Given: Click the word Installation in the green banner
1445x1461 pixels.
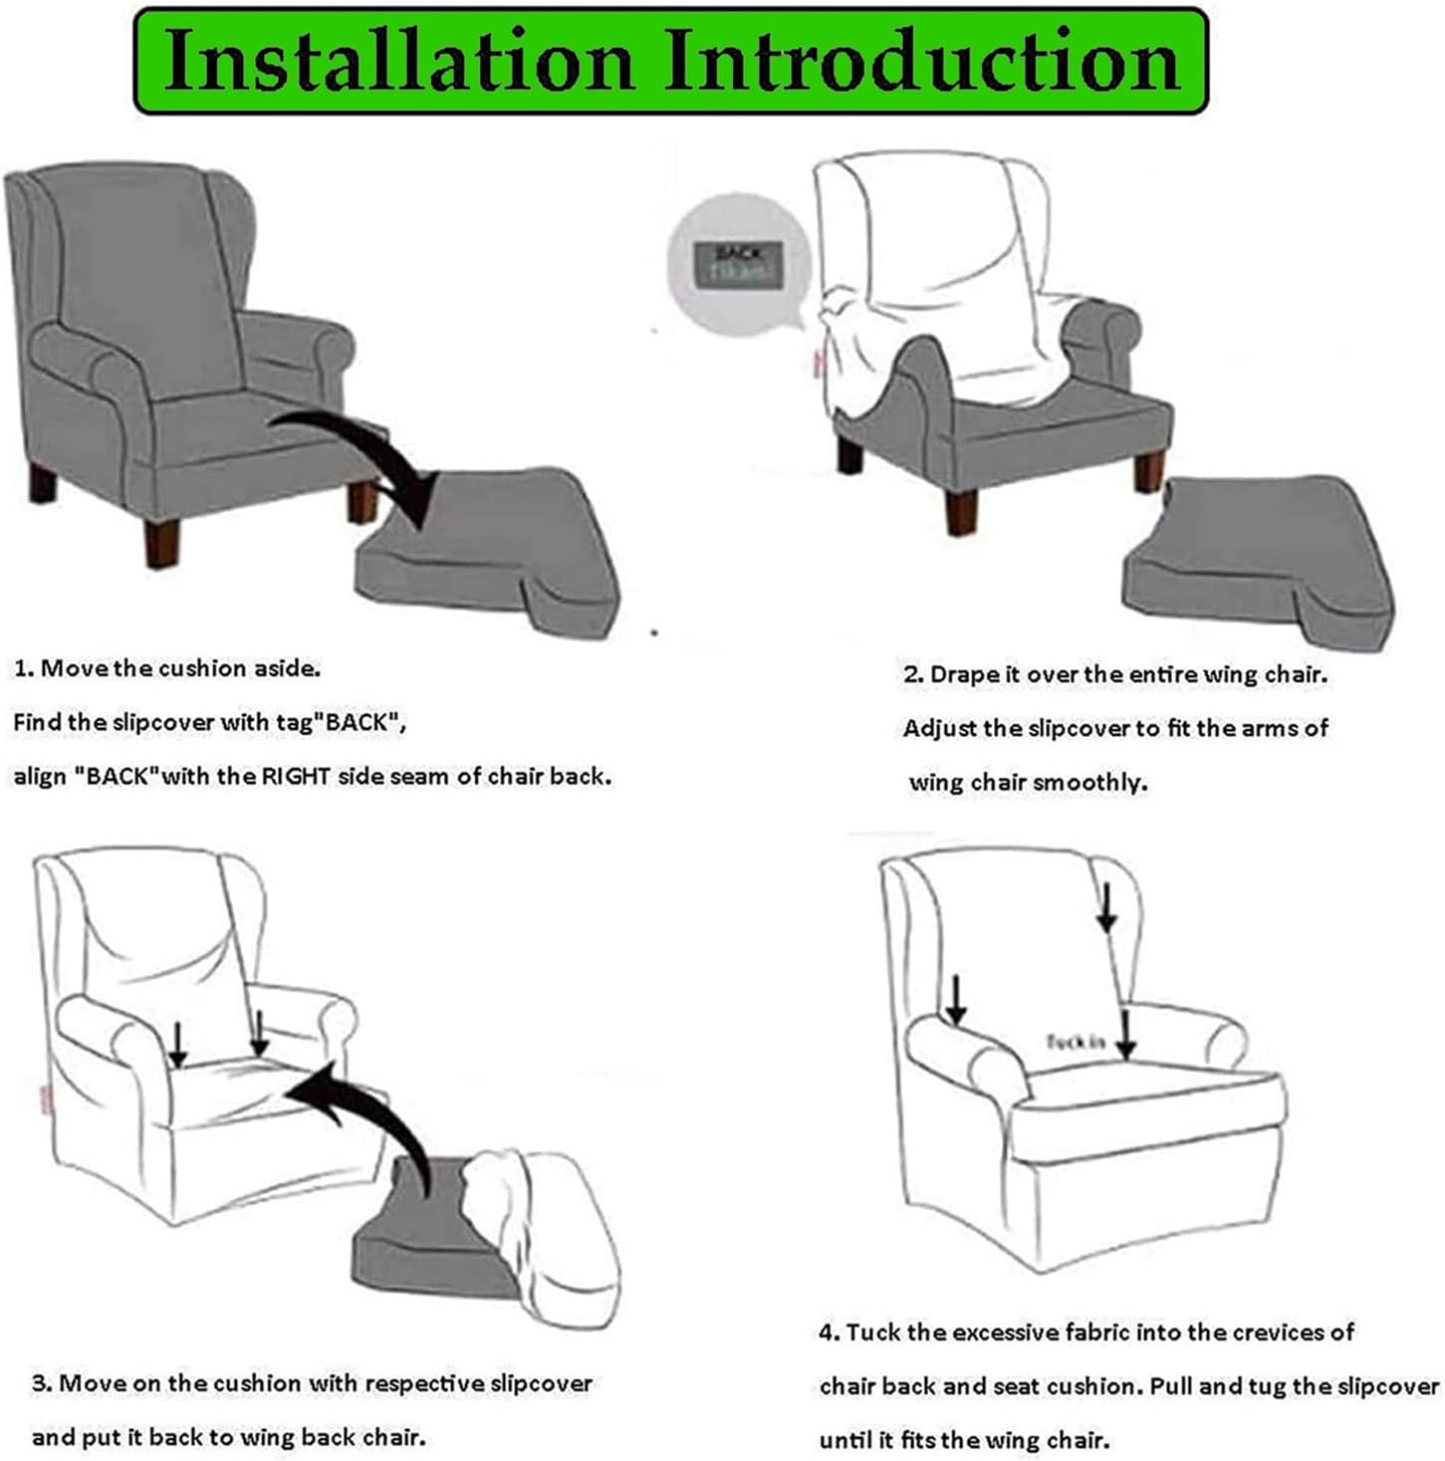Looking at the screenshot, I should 398,62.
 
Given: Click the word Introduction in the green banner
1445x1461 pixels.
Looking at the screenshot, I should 922,62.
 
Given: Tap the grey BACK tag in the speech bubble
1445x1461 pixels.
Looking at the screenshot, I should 737,263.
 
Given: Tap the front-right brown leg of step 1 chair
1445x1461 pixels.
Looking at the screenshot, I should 161,543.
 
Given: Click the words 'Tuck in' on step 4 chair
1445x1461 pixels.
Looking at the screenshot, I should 1075,1042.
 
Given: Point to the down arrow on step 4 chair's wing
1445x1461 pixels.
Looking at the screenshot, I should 1105,906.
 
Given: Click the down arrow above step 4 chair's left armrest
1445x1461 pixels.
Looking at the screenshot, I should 956,999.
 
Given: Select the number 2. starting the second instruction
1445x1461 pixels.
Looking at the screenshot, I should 913,674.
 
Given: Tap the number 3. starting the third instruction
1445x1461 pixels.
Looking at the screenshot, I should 42,1383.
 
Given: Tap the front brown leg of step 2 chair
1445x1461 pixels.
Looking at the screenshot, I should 961,513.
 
